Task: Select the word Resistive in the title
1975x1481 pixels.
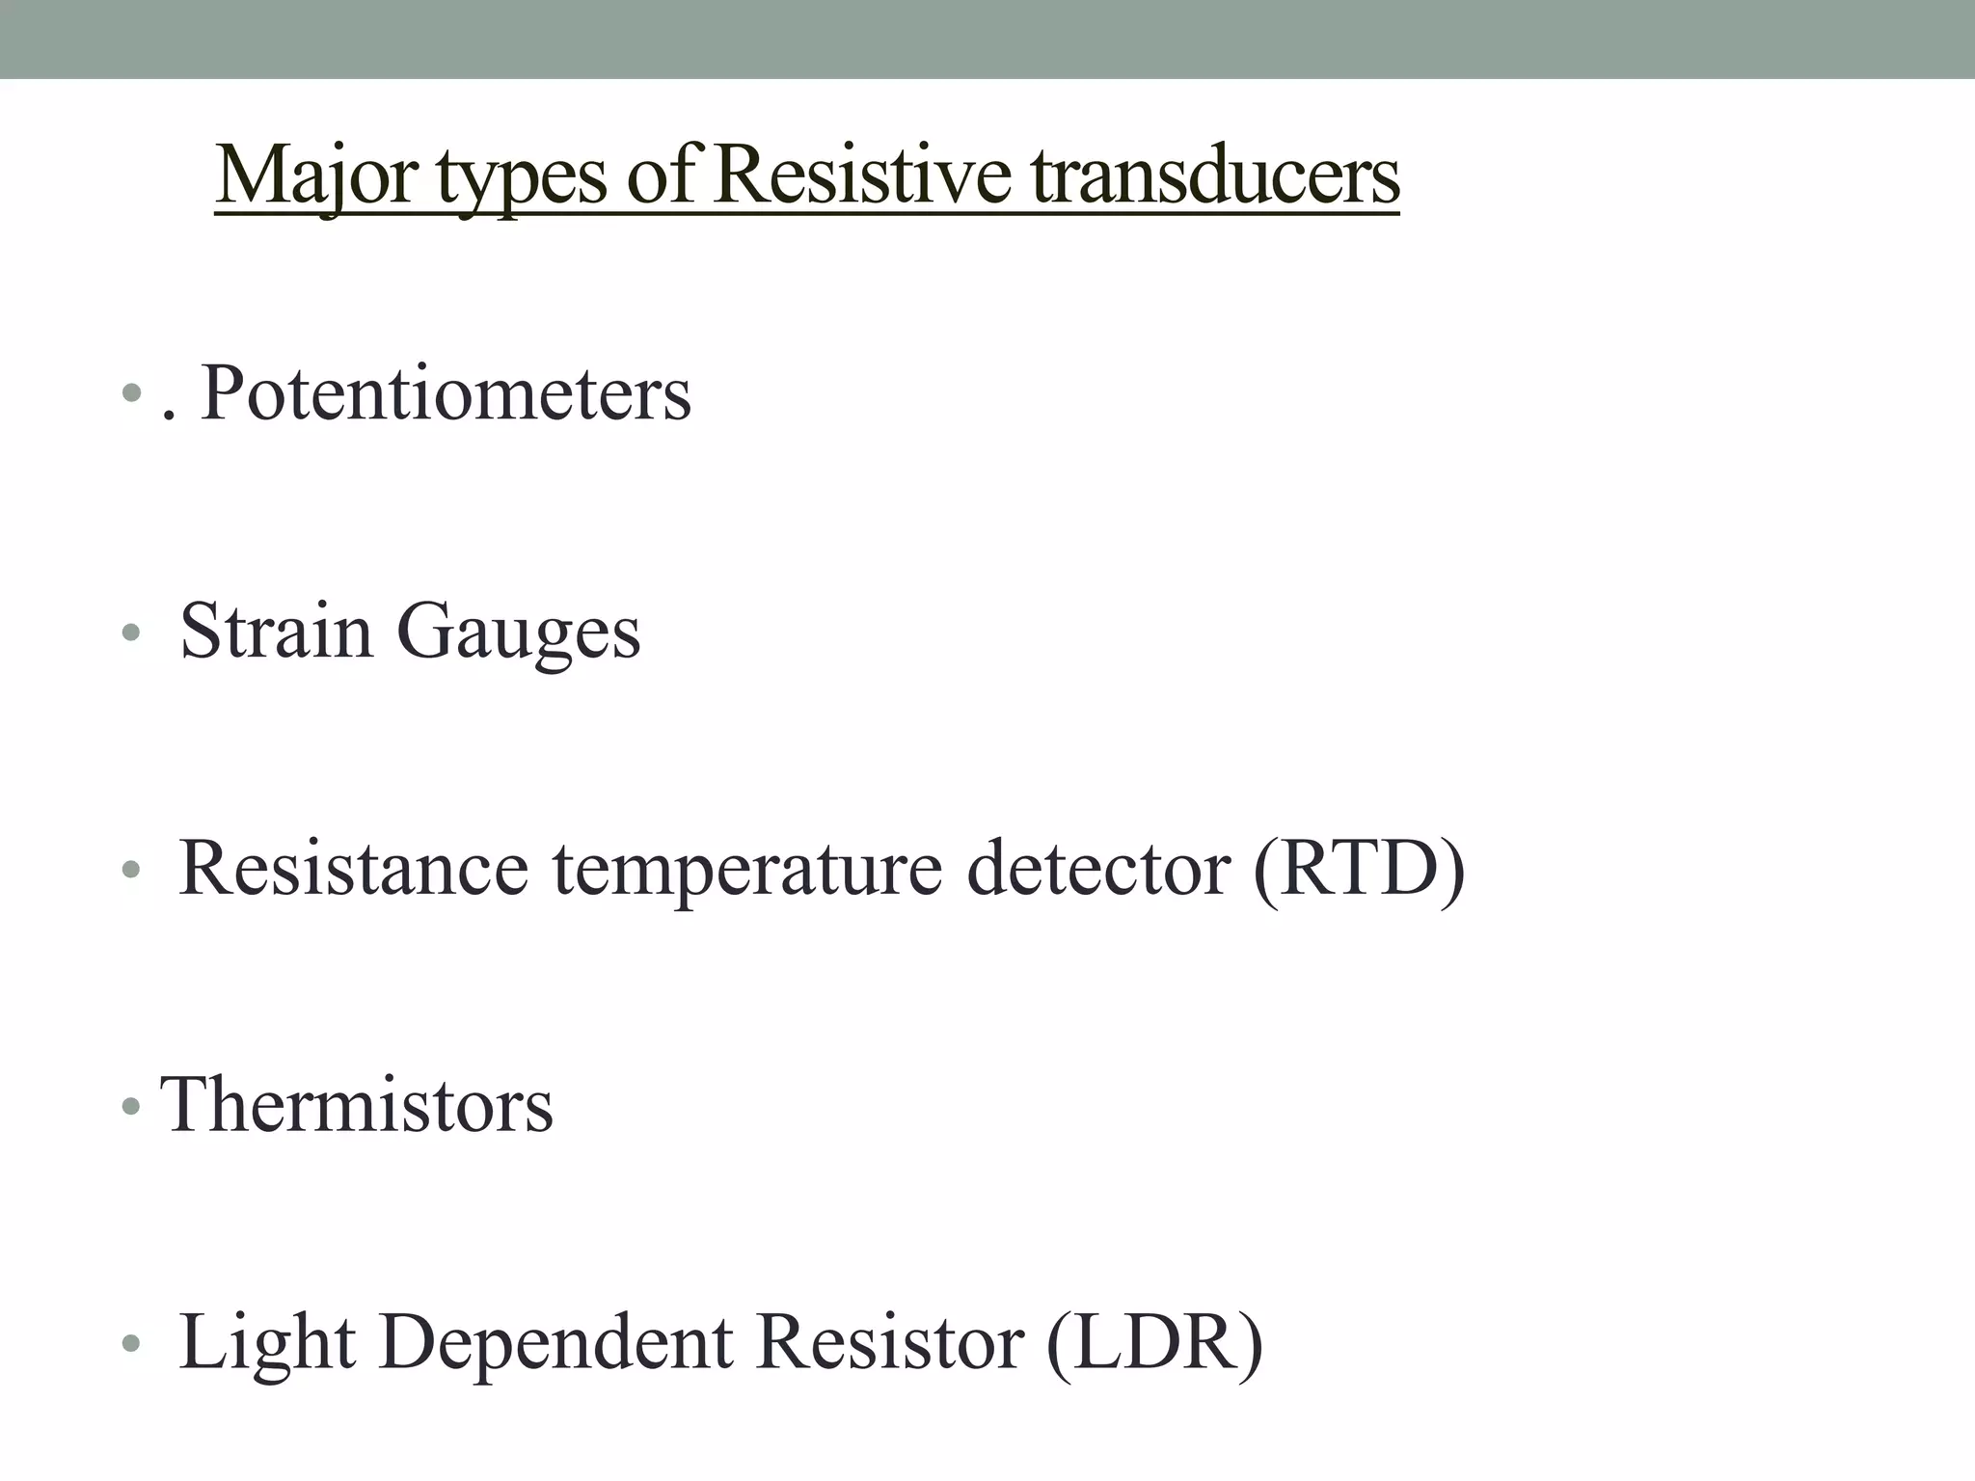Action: pos(862,176)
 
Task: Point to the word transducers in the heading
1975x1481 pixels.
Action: pos(1215,176)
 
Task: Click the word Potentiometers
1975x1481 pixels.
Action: pos(446,393)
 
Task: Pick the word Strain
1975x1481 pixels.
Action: pos(277,631)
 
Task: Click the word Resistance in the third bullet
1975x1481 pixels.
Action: pos(354,868)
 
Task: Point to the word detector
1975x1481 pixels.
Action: pos(1098,868)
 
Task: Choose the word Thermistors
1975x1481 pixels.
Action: pos(357,1105)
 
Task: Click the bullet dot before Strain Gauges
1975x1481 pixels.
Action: pos(131,633)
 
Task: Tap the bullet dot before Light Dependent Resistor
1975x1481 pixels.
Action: pos(131,1343)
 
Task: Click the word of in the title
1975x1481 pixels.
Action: pos(662,176)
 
